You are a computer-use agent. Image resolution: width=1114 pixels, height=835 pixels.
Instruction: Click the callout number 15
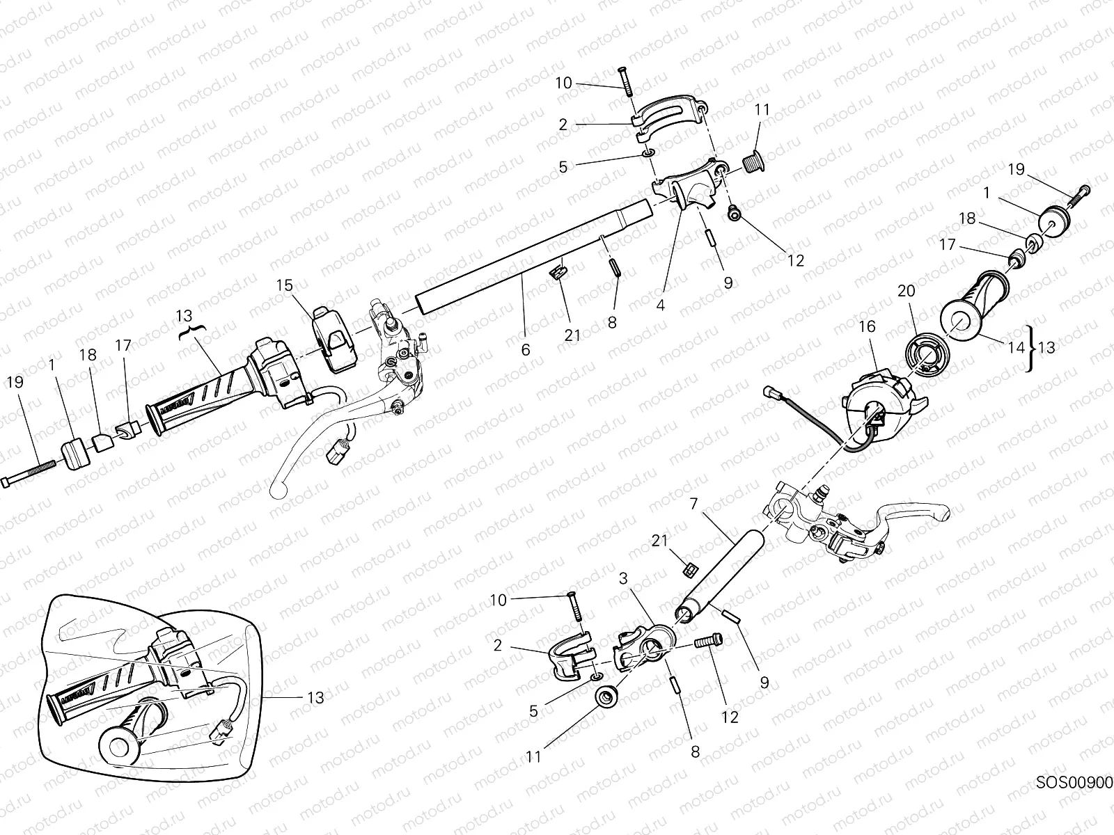284,285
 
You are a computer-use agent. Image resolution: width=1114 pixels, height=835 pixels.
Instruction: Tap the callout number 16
867,327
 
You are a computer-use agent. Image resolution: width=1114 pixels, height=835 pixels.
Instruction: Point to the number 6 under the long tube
525,350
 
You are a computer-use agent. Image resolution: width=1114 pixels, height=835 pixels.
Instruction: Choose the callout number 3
624,578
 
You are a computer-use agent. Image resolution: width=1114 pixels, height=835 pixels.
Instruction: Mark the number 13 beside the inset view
315,697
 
